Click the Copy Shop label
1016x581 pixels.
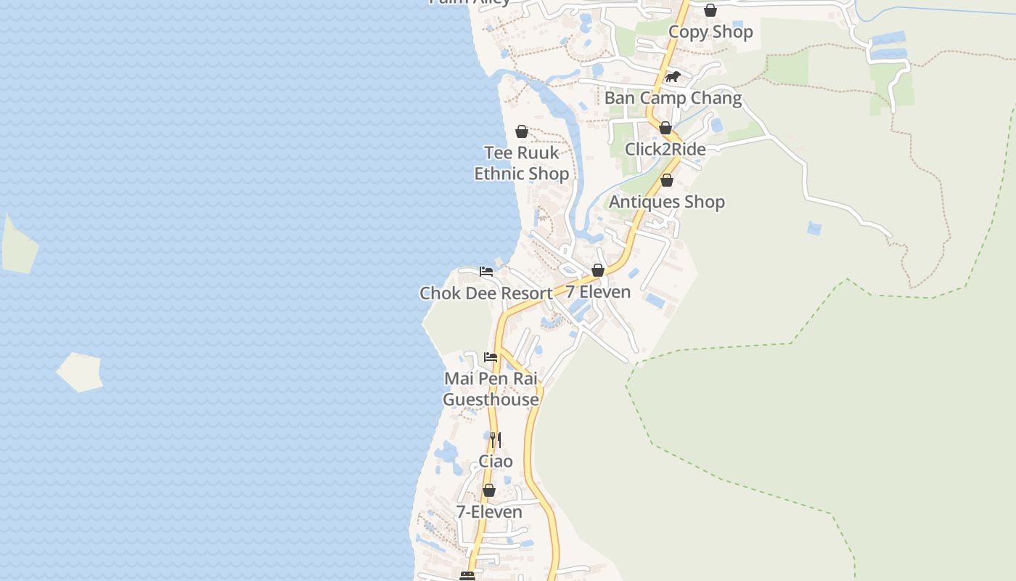(x=710, y=32)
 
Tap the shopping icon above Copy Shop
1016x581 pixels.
(x=710, y=10)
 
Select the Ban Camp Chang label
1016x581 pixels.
(x=673, y=98)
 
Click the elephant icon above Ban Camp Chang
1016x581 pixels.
(x=673, y=76)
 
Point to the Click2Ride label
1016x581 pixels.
(x=665, y=150)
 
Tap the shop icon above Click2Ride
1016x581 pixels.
(x=665, y=129)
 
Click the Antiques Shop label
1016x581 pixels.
(x=666, y=202)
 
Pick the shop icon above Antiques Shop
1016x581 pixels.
(x=667, y=180)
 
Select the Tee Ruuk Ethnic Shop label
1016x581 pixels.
(x=521, y=163)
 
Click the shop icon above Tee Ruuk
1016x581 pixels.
(x=521, y=131)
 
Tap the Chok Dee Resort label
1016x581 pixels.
(x=486, y=293)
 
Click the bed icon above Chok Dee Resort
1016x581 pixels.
(x=486, y=272)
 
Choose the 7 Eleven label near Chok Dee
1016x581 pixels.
(x=598, y=292)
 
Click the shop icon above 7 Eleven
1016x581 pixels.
(x=598, y=270)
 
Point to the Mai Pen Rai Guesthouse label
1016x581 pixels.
(x=491, y=389)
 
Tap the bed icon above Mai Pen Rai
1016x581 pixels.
(x=491, y=357)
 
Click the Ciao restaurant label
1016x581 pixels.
(x=496, y=461)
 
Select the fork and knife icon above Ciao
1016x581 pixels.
(x=495, y=439)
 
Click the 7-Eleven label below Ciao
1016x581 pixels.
(x=488, y=512)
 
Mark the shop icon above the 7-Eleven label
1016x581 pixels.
(x=489, y=491)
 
